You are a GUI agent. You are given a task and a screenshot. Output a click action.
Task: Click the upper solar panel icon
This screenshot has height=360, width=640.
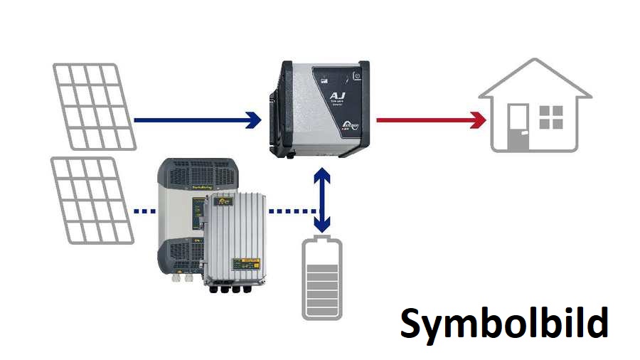(x=94, y=107)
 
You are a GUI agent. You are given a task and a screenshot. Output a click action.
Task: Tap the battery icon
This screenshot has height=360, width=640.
(x=322, y=278)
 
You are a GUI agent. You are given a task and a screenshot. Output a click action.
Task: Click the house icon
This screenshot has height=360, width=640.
(x=535, y=107)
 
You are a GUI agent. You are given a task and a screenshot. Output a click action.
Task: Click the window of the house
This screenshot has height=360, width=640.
(x=551, y=117)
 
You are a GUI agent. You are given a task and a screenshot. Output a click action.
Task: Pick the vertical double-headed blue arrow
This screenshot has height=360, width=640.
(x=323, y=200)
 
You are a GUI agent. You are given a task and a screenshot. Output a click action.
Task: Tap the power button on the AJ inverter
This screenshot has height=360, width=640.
(x=358, y=74)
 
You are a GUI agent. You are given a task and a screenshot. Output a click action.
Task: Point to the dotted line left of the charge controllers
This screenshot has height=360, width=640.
(x=145, y=211)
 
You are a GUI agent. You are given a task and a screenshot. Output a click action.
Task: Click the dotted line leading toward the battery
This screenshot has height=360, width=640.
(x=292, y=211)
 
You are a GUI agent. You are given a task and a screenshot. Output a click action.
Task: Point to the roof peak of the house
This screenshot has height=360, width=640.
(x=535, y=63)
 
